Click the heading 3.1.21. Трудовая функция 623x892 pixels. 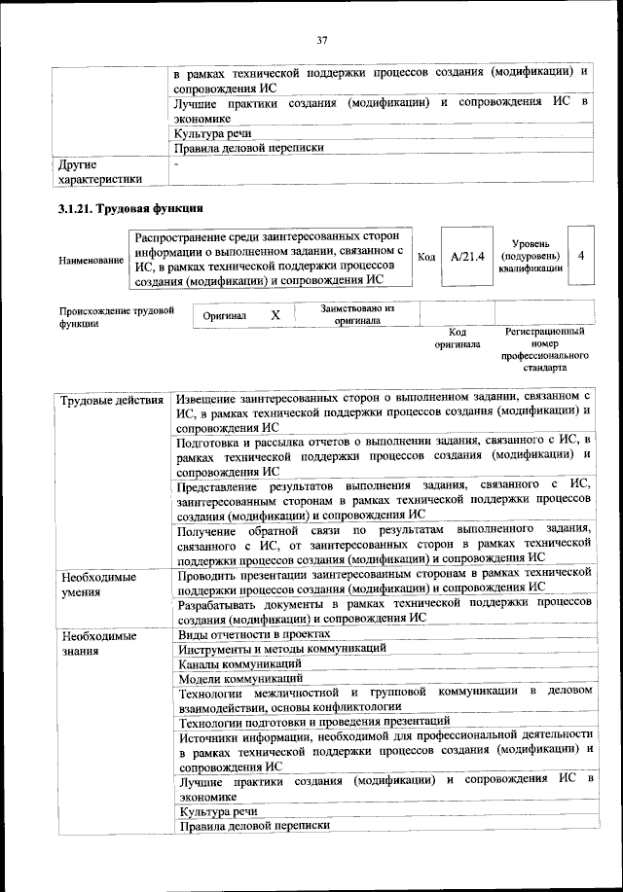pyautogui.click(x=129, y=209)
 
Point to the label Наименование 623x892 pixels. pyautogui.click(x=91, y=260)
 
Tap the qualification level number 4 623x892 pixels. pyautogui.click(x=580, y=255)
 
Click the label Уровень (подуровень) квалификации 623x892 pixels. pyautogui.click(x=531, y=256)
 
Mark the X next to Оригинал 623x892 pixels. pyautogui.click(x=275, y=315)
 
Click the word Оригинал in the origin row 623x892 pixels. pyautogui.click(x=225, y=316)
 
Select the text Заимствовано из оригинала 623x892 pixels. pyautogui.click(x=357, y=314)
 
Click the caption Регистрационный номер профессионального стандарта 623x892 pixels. pyautogui.click(x=545, y=351)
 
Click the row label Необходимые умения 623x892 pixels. pyautogui.click(x=98, y=584)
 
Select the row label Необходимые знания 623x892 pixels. pyautogui.click(x=98, y=643)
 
